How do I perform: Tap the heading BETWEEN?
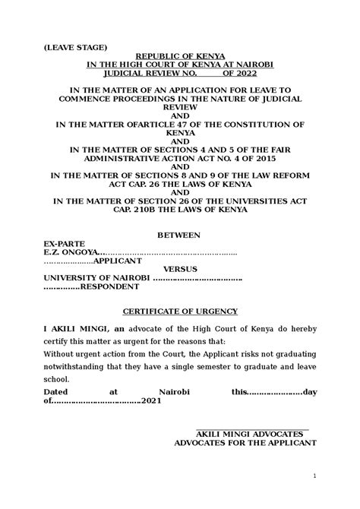pos(179,237)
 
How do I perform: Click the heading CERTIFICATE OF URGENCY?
pos(179,311)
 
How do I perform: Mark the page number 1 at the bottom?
pos(313,476)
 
